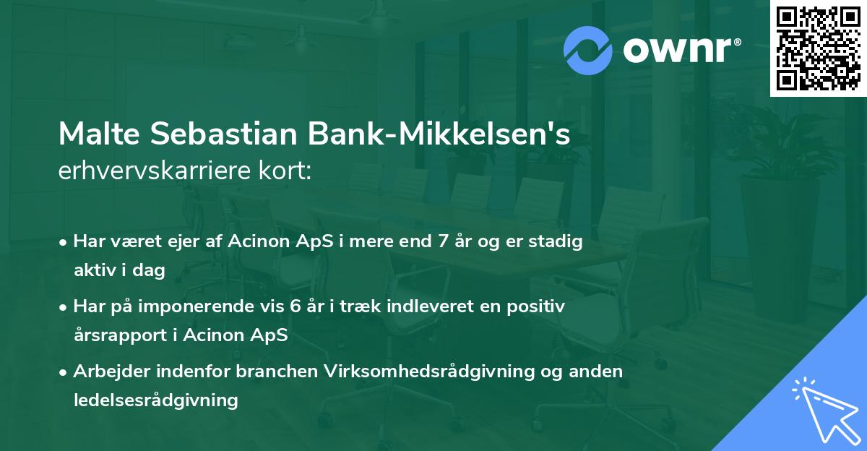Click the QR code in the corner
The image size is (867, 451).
pyautogui.click(x=819, y=48)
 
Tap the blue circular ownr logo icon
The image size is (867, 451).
pyautogui.click(x=588, y=50)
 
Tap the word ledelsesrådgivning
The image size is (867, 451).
pyautogui.click(x=156, y=400)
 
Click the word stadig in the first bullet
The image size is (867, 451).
pyautogui.click(x=556, y=241)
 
